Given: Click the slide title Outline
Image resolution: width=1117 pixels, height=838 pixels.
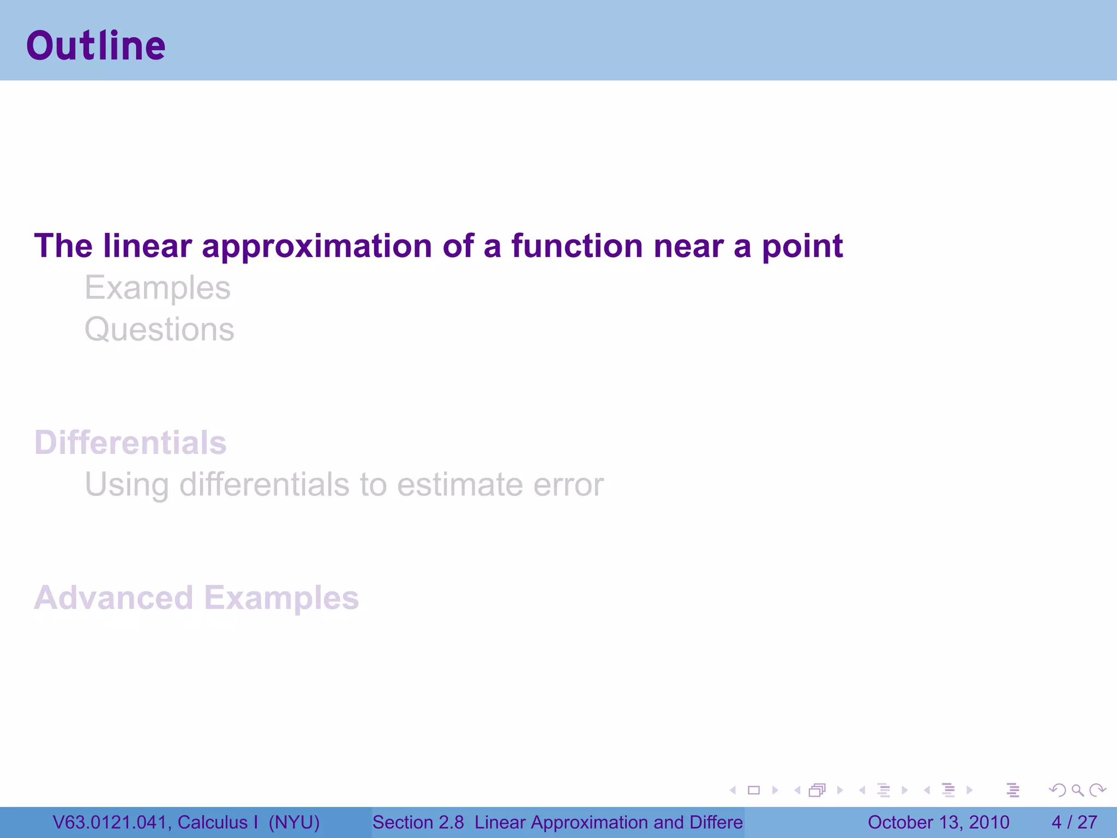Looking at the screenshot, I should tap(96, 46).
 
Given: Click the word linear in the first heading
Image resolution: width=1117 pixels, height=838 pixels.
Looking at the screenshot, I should tap(147, 246).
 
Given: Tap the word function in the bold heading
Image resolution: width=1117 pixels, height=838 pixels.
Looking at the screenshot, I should tap(577, 246).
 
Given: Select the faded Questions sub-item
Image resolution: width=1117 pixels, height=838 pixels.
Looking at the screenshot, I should tap(159, 330).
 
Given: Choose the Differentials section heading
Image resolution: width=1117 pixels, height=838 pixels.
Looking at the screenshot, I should tap(130, 442).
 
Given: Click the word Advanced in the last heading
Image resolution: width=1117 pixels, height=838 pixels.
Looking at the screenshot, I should tap(113, 598).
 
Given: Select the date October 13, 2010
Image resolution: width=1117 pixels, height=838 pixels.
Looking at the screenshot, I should tap(938, 822).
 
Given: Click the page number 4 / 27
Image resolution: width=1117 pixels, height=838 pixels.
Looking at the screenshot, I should tap(1074, 822).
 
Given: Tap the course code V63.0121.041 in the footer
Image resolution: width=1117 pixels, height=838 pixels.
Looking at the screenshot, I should tap(110, 822).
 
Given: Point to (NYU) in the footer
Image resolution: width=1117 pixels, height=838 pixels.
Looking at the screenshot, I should tap(294, 822).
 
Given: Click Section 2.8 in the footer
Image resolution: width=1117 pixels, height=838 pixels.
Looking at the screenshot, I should tap(418, 822).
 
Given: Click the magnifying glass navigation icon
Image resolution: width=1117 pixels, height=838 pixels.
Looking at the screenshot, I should tap(1077, 790).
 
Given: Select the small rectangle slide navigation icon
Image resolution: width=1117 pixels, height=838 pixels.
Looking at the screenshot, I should tap(754, 790).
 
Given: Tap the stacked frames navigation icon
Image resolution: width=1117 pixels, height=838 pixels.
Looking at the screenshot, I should tap(817, 790).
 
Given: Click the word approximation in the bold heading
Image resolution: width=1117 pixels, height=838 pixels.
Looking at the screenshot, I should tap(317, 247).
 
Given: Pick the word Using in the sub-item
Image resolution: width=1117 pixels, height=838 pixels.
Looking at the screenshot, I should tap(127, 486).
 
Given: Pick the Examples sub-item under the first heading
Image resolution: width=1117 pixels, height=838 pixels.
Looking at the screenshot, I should tap(158, 288).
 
